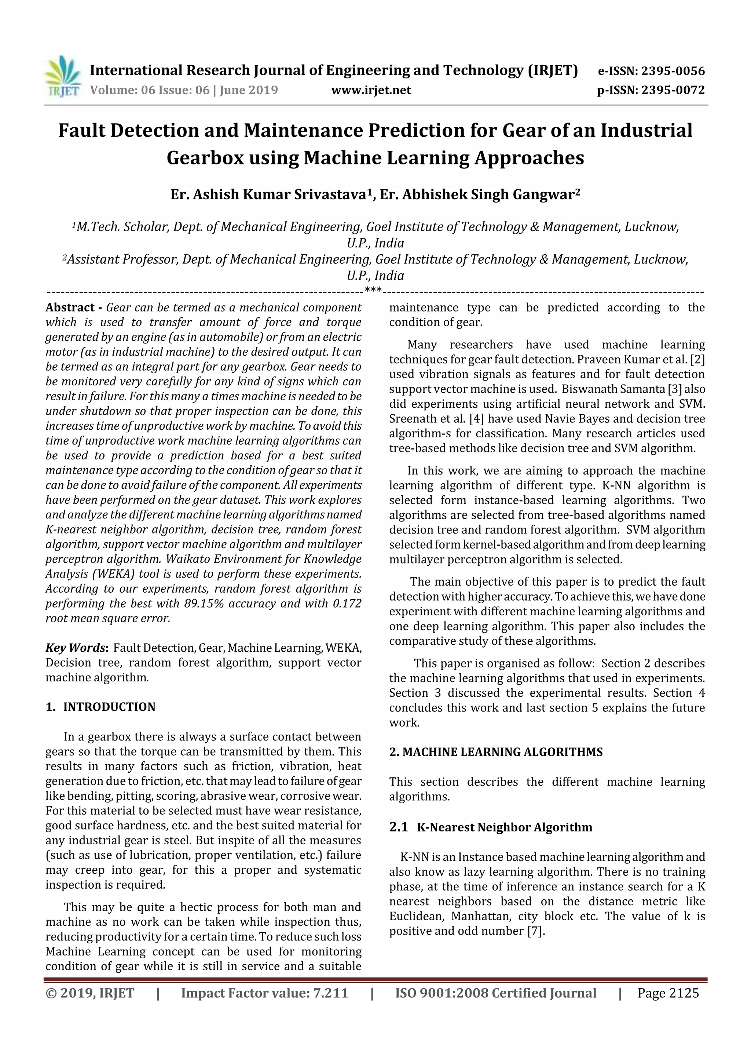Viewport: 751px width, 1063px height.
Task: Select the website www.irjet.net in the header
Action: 371,90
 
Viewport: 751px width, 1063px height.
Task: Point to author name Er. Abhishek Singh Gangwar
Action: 479,195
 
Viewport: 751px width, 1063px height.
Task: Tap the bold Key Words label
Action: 76,648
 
